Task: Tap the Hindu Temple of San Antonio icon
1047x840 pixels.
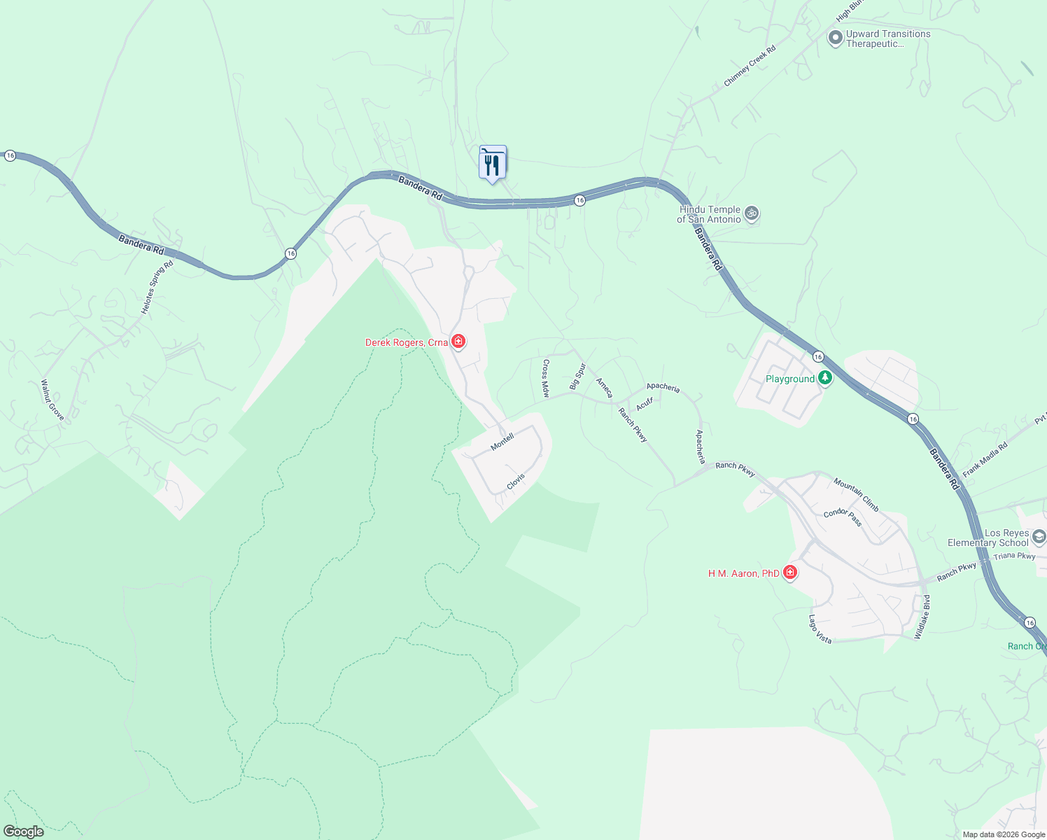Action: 752,213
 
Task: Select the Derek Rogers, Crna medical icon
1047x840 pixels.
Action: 458,342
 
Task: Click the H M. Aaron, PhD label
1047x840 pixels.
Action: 743,573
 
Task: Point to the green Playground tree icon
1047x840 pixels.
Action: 826,379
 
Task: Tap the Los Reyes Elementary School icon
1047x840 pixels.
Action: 1039,537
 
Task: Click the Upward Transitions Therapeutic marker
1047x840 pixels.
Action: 835,38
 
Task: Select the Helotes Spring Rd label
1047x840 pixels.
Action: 157,288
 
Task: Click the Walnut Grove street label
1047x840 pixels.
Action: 52,400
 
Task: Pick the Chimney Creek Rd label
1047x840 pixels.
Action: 750,66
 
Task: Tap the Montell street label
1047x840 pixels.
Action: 503,442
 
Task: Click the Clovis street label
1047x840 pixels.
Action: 516,482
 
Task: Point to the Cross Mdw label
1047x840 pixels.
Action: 545,379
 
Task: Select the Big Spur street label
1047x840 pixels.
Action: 577,376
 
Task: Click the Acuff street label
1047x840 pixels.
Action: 645,404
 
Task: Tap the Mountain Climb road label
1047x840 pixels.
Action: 856,494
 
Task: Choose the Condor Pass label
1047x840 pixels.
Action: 843,517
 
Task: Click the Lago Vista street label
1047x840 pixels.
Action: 820,629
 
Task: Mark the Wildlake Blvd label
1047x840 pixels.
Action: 923,617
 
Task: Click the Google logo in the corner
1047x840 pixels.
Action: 24,832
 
